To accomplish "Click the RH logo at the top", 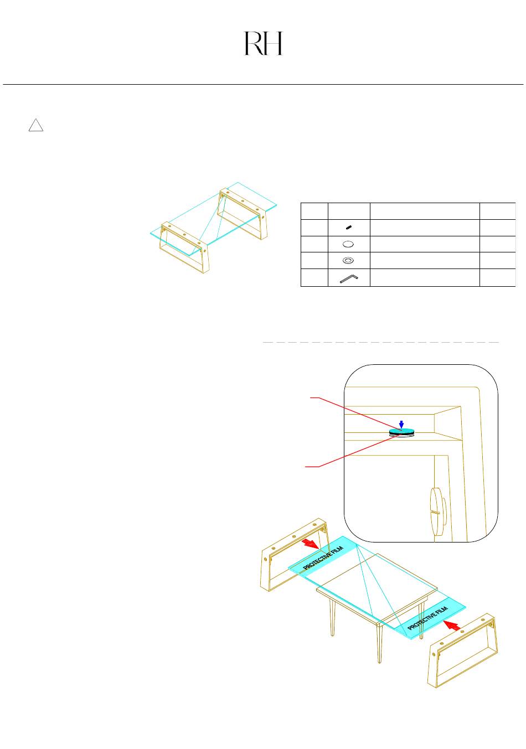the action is (264, 44).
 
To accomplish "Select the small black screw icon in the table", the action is (349, 228).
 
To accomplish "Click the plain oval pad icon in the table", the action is (349, 244).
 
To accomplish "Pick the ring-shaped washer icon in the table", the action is (349, 260).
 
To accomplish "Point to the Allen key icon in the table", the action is (349, 277).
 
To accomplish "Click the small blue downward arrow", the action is (401, 423).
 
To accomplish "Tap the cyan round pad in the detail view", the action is (401, 431).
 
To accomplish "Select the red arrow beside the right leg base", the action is (452, 626).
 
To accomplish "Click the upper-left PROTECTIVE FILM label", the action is (324, 557).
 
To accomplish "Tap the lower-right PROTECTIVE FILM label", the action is (427, 618).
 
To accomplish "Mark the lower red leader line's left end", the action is (307, 467).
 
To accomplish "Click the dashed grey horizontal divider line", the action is (380, 343).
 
